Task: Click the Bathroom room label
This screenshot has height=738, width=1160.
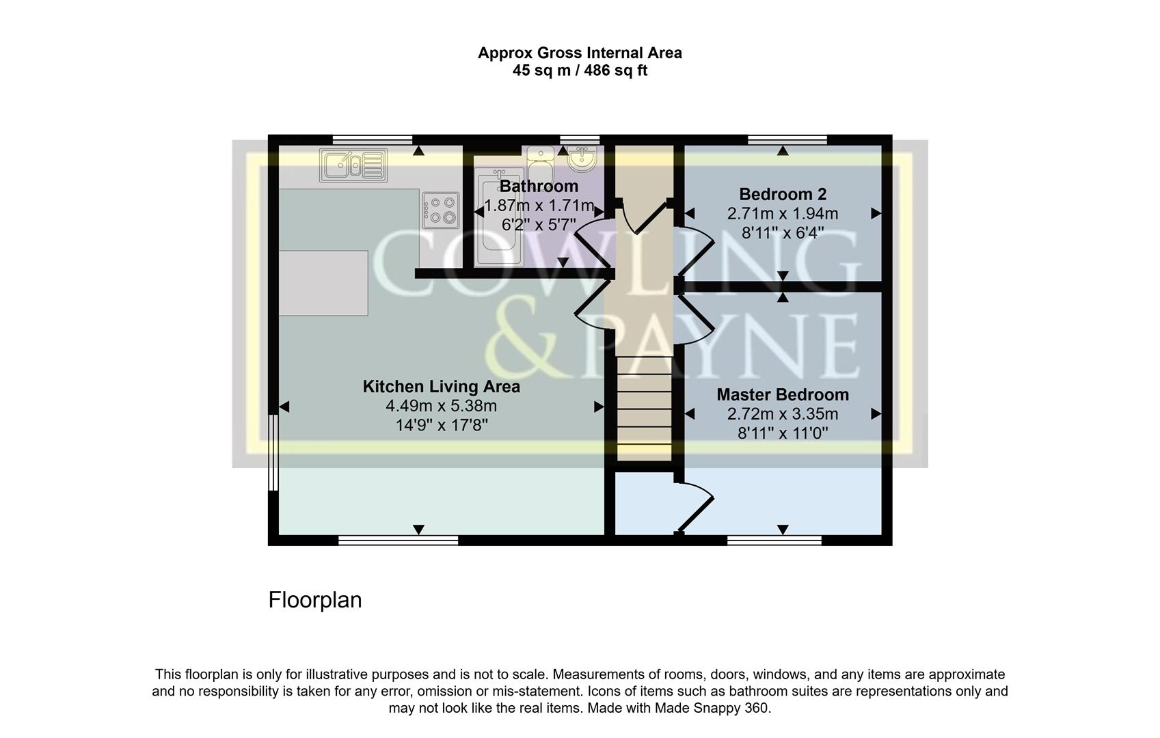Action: point(539,186)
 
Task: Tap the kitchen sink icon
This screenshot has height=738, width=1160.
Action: point(353,165)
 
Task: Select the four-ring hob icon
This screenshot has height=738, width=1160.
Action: point(440,210)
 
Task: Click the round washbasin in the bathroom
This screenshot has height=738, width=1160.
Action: point(582,159)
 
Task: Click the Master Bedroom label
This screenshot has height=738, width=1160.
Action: point(783,394)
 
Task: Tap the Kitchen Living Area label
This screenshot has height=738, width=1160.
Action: point(441,387)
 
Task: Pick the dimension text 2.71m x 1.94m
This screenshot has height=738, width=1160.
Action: point(783,213)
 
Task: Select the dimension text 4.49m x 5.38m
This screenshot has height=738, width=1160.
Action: point(441,406)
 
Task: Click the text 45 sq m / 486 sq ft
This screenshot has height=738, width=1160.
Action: point(580,70)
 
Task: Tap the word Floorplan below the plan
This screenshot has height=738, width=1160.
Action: point(314,600)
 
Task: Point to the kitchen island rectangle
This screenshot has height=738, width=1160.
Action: point(323,283)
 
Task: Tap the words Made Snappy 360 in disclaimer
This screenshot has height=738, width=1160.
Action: point(712,708)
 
